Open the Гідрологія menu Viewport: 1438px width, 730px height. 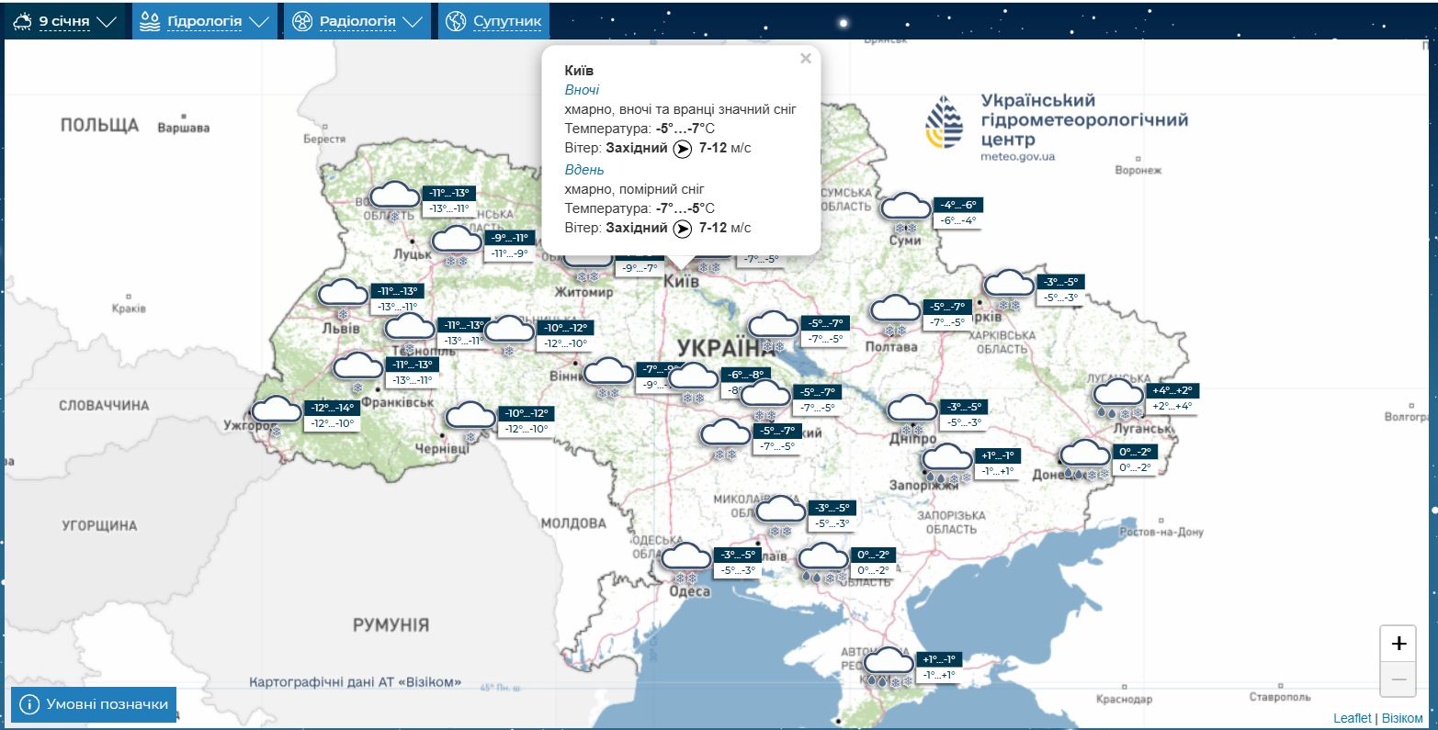pyautogui.click(x=205, y=21)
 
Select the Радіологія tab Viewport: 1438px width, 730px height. pyautogui.click(x=357, y=21)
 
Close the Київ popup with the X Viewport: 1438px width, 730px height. pyautogui.click(x=805, y=59)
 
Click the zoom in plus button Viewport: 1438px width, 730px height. pyautogui.click(x=1398, y=644)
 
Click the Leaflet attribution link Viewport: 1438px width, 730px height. pyautogui.click(x=1352, y=718)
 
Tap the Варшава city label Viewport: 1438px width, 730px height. pyautogui.click(x=183, y=128)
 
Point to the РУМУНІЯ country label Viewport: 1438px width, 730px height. pyautogui.click(x=391, y=625)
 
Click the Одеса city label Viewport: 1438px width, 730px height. pyautogui.click(x=688, y=591)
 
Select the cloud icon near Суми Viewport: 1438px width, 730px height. pyautogui.click(x=906, y=208)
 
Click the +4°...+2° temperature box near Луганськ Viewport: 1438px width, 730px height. pyautogui.click(x=1172, y=390)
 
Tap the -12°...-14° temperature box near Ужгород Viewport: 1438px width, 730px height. pyautogui.click(x=332, y=408)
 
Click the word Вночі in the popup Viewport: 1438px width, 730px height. pyautogui.click(x=582, y=90)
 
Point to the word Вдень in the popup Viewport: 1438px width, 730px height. pyautogui.click(x=584, y=170)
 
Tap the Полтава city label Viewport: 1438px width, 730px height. pyautogui.click(x=891, y=347)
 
